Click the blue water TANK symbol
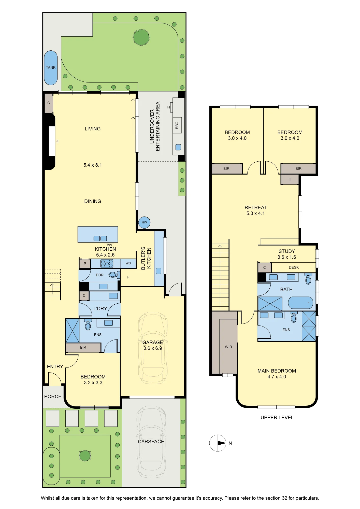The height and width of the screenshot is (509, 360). tap(51, 68)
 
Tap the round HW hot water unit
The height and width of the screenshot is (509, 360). tap(144, 222)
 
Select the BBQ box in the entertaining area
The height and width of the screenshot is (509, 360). tap(177, 125)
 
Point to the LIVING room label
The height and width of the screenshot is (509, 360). tap(93, 129)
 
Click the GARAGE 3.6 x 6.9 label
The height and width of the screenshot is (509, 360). tap(153, 345)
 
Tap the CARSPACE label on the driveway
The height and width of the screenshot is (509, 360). tap(151, 442)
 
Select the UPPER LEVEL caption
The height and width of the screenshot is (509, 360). tap(277, 417)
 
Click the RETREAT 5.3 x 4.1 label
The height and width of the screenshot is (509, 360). tap(256, 210)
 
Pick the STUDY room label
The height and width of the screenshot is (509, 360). tap(287, 251)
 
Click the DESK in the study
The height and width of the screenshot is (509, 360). tap(294, 267)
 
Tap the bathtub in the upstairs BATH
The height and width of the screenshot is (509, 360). tap(300, 303)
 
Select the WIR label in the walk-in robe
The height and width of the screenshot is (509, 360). tap(228, 347)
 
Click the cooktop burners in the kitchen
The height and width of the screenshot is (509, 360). tap(107, 263)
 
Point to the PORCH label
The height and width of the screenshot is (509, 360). tap(53, 397)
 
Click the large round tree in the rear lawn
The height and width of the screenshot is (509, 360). tap(141, 37)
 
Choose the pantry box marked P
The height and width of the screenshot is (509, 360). tap(85, 264)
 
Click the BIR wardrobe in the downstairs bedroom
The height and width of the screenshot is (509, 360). tap(83, 347)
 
